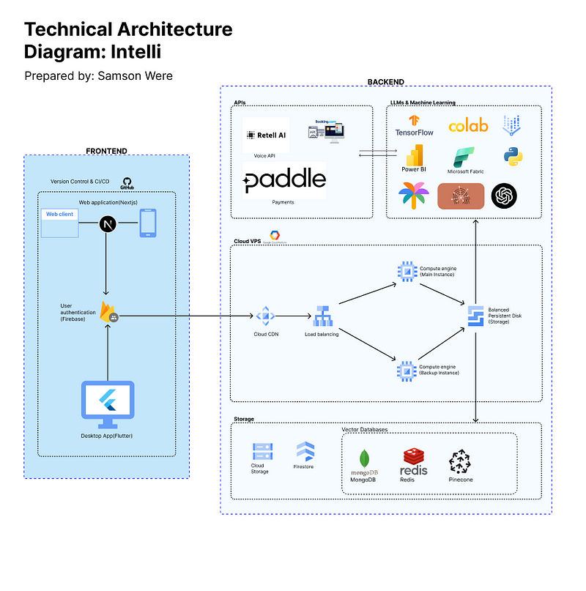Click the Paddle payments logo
pyautogui.click(x=284, y=180)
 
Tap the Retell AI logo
pyautogui.click(x=266, y=135)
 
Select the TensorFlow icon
pyautogui.click(x=415, y=122)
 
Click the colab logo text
pyautogui.click(x=468, y=125)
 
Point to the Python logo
pyautogui.click(x=512, y=156)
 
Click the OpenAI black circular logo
pyautogui.click(x=504, y=196)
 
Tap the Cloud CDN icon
pyautogui.click(x=264, y=316)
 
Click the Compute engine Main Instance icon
pyautogui.click(x=404, y=271)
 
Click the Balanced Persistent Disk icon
pyautogui.click(x=475, y=314)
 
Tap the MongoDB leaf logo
pyautogui.click(x=364, y=459)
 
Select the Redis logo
pyautogui.click(x=414, y=461)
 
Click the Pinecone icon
pyautogui.click(x=461, y=462)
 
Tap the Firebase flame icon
pyautogui.click(x=108, y=311)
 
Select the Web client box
pyautogui.click(x=59, y=223)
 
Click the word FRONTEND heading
pyautogui.click(x=106, y=151)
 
